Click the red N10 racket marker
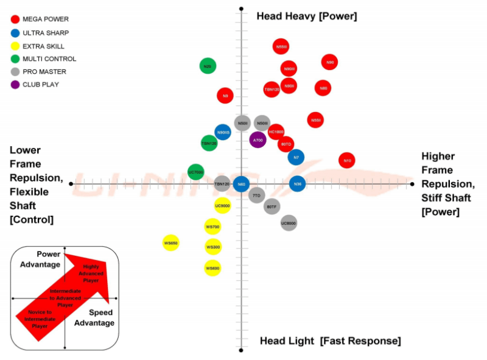coord(347,161)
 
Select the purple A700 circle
coord(258,139)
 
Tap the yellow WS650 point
coord(171,243)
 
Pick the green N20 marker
coord(208,66)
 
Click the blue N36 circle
coord(297,183)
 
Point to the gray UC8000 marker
coord(289,223)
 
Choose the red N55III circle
coord(281,46)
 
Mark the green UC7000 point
coord(195,172)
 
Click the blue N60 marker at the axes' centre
coord(242,183)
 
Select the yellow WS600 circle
coord(212,267)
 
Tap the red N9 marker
coord(225,96)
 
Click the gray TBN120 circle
coord(222,183)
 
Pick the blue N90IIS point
coord(223,132)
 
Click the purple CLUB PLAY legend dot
coord(15,85)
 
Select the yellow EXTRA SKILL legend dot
coord(15,46)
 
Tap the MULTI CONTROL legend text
coord(49,59)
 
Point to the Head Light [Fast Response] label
coord(330,341)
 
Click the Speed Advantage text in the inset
coord(94,317)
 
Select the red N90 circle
coord(330,62)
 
